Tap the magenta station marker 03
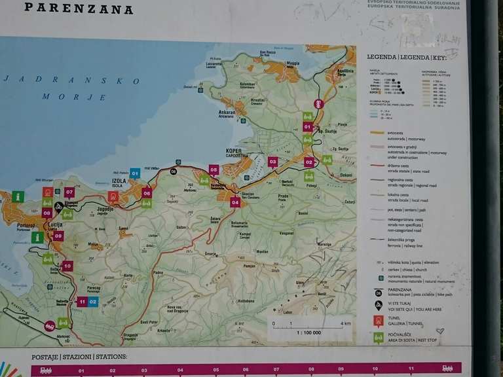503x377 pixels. coord(272,161)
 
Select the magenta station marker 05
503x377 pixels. coord(214,169)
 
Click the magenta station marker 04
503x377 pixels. coord(235,202)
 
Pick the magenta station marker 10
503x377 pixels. coord(67,266)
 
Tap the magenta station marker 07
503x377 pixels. coord(69,192)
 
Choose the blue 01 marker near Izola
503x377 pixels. coord(135,173)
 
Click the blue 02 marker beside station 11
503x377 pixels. coord(93,302)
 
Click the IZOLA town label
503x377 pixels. coord(119,181)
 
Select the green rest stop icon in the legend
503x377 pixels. coord(378,338)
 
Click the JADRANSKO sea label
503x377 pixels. coord(72,80)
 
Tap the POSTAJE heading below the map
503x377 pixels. coord(45,357)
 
